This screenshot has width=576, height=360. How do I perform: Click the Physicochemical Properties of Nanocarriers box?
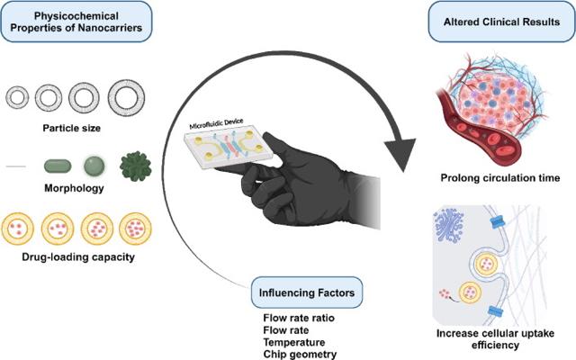(x=76, y=22)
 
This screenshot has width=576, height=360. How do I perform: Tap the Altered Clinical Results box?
(x=501, y=22)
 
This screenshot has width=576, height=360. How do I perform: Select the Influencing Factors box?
(x=307, y=292)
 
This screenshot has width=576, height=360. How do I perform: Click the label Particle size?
(x=72, y=128)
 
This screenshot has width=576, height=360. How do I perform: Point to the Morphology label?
(x=74, y=188)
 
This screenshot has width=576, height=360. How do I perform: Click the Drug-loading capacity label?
(x=78, y=256)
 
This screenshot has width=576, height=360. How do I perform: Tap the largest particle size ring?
(x=126, y=98)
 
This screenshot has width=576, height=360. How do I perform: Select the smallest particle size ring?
(x=17, y=98)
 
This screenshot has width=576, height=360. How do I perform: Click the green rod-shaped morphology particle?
(x=58, y=166)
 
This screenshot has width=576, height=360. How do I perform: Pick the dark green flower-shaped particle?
(x=136, y=166)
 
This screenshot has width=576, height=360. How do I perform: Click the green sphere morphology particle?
(x=94, y=166)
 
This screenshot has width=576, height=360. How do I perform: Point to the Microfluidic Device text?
(x=216, y=124)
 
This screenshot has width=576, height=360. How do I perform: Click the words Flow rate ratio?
(x=299, y=318)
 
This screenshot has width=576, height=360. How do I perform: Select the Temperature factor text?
(x=294, y=342)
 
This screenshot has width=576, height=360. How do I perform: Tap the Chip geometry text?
(x=300, y=355)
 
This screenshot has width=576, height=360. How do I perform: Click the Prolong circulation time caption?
(x=500, y=178)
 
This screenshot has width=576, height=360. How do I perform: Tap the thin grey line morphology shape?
(x=16, y=166)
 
